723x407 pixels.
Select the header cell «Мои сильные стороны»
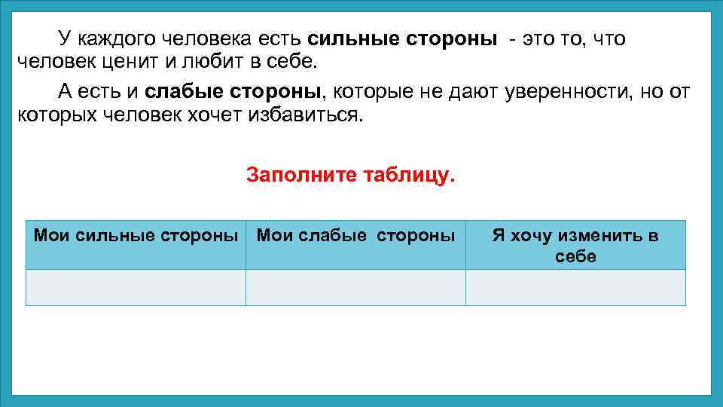click(x=136, y=244)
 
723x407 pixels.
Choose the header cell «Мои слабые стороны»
click(x=355, y=244)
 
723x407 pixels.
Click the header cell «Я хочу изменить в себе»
click(x=575, y=244)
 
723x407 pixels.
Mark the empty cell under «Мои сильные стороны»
click(x=136, y=287)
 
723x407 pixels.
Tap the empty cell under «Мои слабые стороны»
click(x=355, y=287)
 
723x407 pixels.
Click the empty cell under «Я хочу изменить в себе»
click(x=575, y=287)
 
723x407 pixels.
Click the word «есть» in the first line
click(x=280, y=38)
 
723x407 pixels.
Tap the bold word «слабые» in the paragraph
click(x=178, y=93)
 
